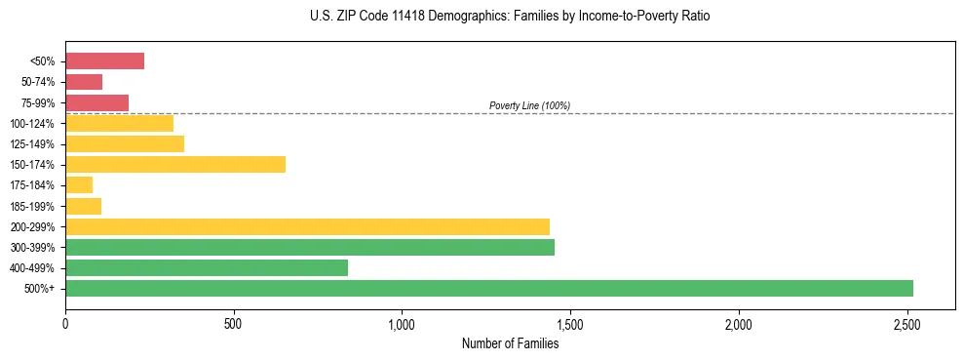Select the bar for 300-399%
point(310,248)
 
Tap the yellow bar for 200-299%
point(307,226)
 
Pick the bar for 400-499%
point(207,268)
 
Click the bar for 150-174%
point(175,165)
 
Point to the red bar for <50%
point(104,61)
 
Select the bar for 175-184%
point(79,185)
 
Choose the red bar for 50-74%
point(84,82)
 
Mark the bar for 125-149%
point(125,144)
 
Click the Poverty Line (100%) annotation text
point(529,105)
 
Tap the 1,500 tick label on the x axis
point(570,323)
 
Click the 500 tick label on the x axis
point(233,323)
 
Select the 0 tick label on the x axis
point(65,323)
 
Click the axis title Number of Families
point(510,343)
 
